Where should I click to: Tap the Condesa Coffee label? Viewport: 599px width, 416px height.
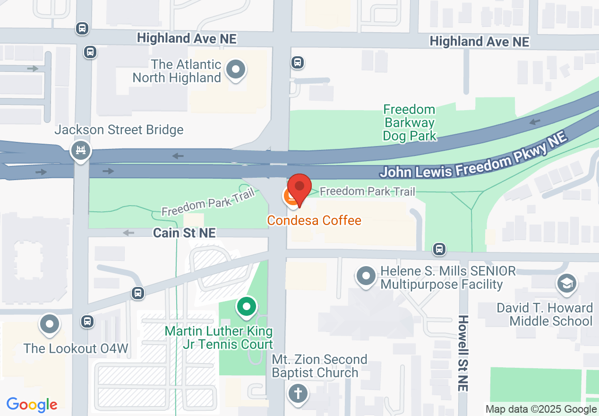(314, 220)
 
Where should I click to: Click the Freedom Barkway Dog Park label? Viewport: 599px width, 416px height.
(409, 123)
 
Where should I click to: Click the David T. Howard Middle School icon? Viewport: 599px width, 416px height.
(565, 284)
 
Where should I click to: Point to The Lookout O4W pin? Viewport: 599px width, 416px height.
(50, 325)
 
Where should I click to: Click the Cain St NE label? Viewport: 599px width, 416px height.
(184, 233)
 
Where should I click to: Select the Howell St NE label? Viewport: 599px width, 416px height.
(463, 353)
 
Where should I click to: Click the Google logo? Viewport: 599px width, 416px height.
(32, 405)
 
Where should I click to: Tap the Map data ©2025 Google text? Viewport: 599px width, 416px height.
(541, 409)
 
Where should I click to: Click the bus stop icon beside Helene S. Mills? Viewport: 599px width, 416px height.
(439, 249)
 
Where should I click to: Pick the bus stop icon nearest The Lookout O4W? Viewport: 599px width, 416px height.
(87, 321)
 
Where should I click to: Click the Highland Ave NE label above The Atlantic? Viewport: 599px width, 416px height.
(187, 38)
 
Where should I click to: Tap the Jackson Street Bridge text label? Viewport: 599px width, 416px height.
(119, 130)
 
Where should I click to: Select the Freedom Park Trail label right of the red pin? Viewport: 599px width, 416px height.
(368, 191)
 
